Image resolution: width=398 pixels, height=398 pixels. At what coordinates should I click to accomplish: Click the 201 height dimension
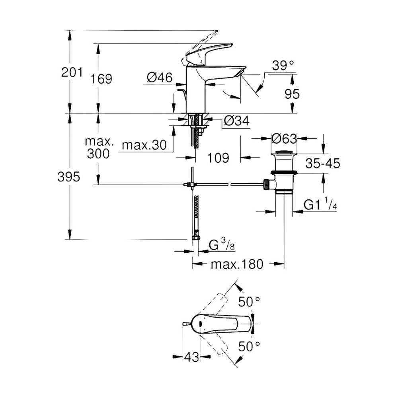click(72, 72)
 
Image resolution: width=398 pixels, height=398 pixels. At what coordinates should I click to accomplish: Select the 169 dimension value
click(101, 79)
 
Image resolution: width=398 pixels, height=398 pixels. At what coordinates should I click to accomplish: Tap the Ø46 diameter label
click(160, 77)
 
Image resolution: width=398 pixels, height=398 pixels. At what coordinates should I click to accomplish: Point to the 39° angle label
click(283, 66)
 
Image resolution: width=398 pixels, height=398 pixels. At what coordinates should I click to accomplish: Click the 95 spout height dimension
click(292, 94)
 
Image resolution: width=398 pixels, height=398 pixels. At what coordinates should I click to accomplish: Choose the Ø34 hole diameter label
click(237, 121)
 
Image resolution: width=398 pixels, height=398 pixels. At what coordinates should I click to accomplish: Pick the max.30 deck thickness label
click(144, 145)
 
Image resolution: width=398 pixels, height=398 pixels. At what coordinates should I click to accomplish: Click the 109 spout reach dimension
click(218, 158)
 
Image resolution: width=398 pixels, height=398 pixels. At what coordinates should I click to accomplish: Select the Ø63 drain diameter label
click(284, 139)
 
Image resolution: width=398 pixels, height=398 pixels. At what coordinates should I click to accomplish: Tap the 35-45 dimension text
click(323, 164)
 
